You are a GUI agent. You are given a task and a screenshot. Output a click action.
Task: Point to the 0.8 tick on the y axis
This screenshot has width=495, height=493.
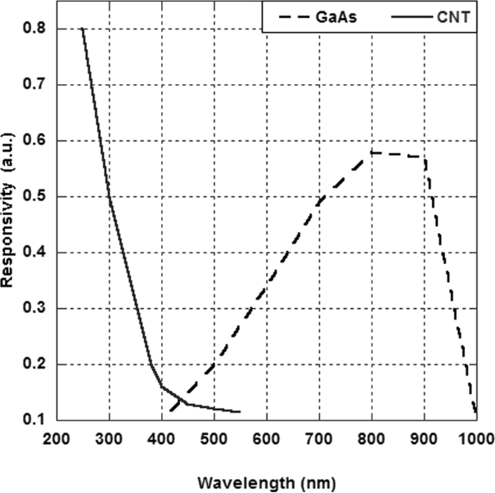tap(35, 29)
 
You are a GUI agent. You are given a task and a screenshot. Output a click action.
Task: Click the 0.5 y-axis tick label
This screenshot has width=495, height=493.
tap(35, 196)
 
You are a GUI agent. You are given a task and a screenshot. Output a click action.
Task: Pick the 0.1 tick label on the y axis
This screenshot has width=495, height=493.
tap(35, 419)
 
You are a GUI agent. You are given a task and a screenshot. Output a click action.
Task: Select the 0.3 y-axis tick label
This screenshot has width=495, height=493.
tap(35, 308)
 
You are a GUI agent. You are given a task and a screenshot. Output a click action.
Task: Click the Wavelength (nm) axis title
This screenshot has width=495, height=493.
tap(268, 482)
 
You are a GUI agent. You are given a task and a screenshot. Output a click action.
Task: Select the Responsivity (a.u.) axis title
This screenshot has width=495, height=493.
tap(9, 223)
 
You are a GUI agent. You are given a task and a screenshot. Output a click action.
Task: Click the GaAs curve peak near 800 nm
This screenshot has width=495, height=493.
tap(371, 152)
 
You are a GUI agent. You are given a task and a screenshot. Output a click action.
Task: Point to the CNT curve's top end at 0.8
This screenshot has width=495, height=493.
tap(83, 29)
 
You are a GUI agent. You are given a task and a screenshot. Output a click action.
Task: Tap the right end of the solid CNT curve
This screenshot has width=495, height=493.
tap(240, 412)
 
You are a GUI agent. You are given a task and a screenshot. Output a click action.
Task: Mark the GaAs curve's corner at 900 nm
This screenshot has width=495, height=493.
tap(425, 157)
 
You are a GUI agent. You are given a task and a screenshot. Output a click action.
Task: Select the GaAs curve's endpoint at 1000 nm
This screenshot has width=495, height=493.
tap(476, 414)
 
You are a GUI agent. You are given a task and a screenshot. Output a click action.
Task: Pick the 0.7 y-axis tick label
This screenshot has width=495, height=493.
tap(35, 84)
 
